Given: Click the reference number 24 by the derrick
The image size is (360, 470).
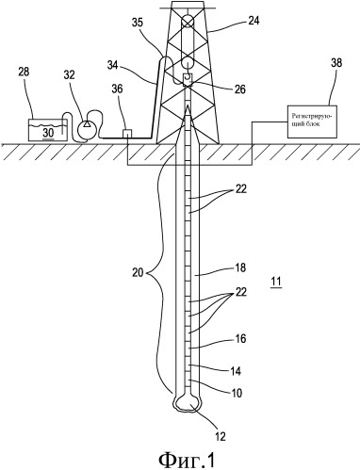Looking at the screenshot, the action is (254, 22).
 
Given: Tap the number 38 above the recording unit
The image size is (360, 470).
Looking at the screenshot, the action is (335, 63).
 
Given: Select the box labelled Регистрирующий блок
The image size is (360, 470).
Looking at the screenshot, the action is (313, 122).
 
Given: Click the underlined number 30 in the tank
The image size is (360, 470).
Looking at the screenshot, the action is (48, 133).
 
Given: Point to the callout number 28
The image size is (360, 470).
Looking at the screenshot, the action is (24, 72).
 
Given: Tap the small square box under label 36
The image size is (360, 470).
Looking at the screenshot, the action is (127, 134).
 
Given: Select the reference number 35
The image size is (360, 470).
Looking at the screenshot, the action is (138, 23).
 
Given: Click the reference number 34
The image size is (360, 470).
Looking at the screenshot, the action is (113, 65).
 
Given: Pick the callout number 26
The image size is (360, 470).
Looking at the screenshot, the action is (239, 89).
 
